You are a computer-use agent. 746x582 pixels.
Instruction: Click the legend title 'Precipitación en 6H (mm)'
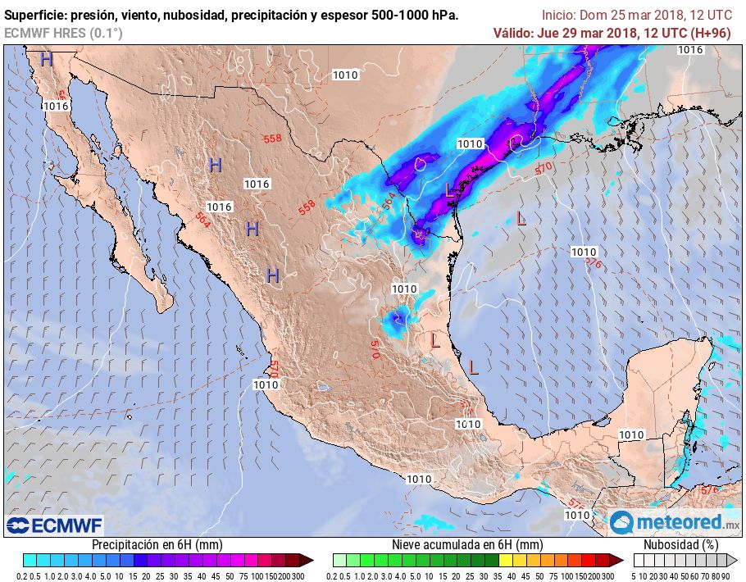click(x=157, y=544)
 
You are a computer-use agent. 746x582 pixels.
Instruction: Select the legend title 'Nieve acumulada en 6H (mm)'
click(x=467, y=544)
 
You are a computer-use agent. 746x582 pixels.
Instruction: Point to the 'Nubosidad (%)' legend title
click(x=680, y=544)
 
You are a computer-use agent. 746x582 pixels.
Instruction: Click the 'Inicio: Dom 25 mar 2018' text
click(x=608, y=16)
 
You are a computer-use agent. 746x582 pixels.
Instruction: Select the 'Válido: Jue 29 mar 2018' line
click(x=587, y=33)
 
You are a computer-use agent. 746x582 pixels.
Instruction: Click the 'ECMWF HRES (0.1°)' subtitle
click(x=64, y=33)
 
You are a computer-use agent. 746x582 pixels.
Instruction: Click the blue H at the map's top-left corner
click(x=47, y=59)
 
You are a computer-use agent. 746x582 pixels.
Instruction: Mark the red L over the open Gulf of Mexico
click(x=521, y=218)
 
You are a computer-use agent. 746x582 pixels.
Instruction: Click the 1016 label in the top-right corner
click(x=690, y=50)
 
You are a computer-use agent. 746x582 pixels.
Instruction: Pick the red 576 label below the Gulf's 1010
click(x=594, y=263)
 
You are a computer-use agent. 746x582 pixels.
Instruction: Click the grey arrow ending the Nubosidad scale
click(x=733, y=560)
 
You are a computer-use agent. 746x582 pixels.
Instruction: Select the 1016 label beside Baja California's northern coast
click(x=55, y=106)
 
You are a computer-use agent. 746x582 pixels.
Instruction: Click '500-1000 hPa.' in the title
click(x=418, y=16)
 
